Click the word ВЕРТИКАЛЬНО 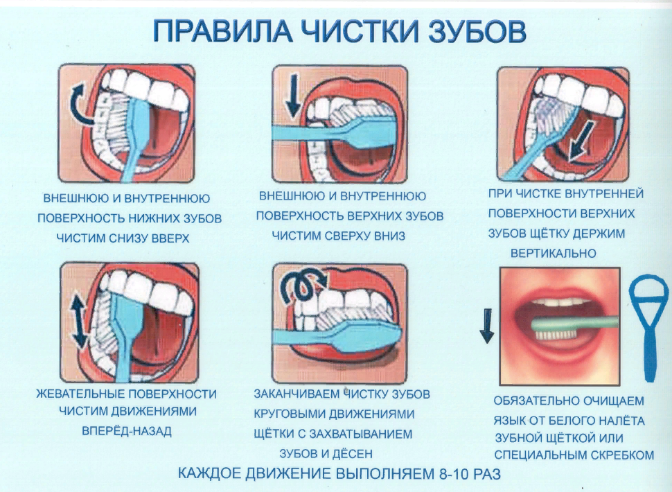click(x=553, y=254)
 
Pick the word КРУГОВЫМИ click(x=285, y=414)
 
